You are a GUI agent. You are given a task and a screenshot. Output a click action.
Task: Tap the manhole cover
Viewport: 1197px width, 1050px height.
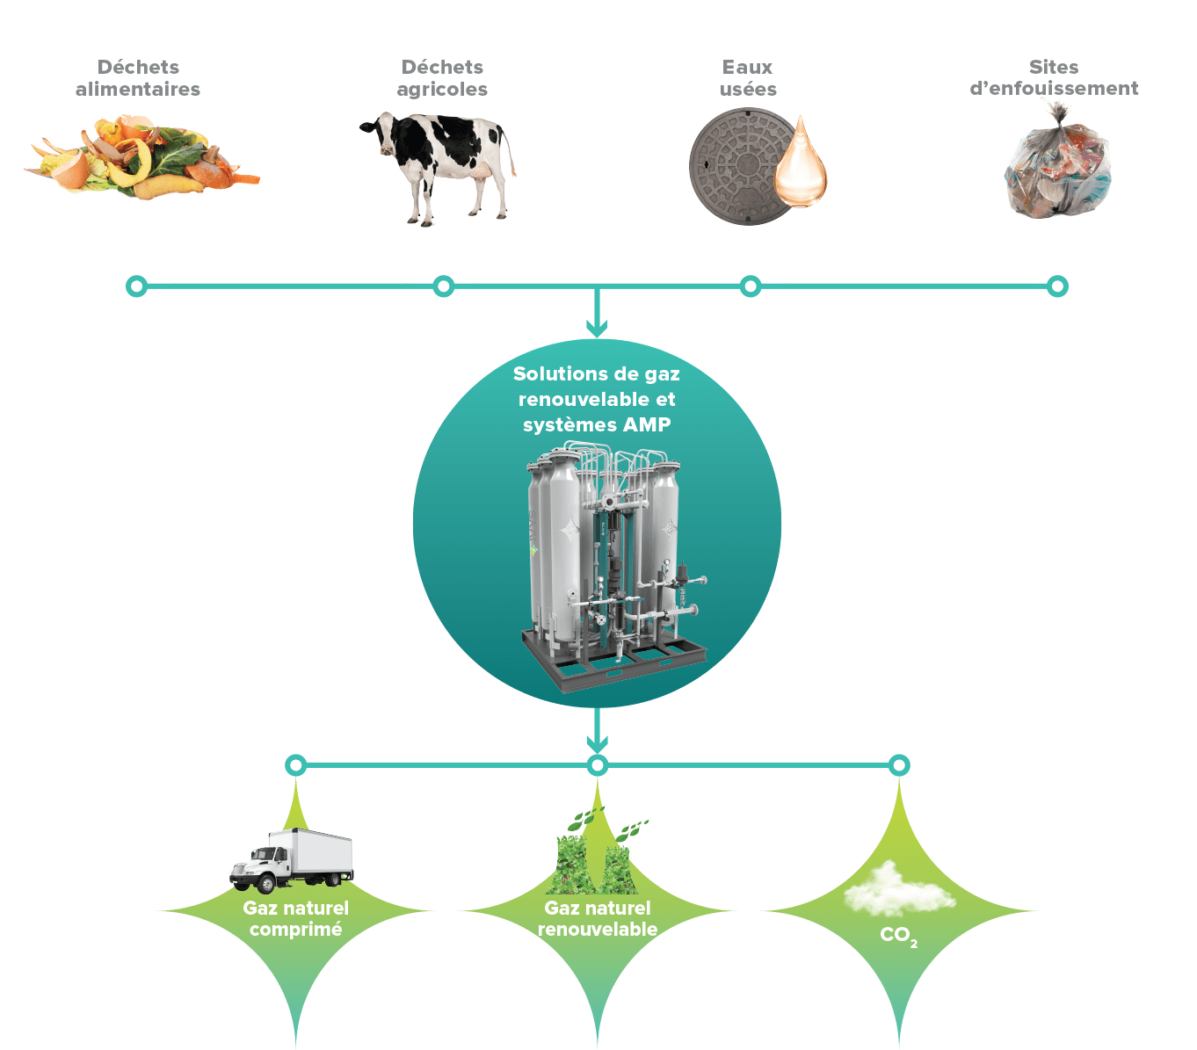tap(738, 167)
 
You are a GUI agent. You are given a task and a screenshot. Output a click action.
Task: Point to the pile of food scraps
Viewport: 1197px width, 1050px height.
tap(141, 158)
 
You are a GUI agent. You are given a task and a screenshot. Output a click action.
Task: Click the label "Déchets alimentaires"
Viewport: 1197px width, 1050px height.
tap(138, 78)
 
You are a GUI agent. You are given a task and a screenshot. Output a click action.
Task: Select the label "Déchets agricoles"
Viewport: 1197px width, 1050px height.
tap(442, 78)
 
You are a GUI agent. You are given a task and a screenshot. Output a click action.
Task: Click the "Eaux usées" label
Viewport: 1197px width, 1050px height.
tap(748, 78)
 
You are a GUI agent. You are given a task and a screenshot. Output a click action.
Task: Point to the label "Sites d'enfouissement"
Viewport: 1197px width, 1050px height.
tap(1054, 78)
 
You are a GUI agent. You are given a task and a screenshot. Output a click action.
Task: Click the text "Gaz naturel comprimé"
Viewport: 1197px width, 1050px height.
tap(296, 918)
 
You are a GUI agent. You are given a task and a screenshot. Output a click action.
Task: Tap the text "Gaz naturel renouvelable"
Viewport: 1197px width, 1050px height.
tap(598, 918)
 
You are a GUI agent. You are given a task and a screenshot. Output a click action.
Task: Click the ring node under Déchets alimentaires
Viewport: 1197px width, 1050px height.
tap(136, 286)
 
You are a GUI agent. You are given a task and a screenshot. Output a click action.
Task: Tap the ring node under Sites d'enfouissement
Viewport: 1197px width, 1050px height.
tap(1057, 286)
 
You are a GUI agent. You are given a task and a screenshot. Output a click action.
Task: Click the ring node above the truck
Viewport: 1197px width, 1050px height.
tap(296, 765)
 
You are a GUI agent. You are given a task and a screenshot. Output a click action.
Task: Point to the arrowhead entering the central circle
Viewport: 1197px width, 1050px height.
tap(597, 330)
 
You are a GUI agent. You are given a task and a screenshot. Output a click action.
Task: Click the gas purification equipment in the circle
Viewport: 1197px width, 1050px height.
tap(606, 562)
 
